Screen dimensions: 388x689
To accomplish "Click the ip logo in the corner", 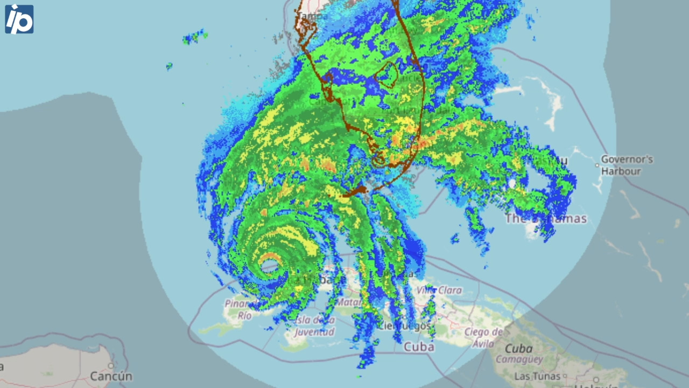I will pos(19,19).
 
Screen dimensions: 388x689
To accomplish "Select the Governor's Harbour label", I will pos(627,165).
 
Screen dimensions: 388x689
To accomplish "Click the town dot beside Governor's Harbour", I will pos(597,165).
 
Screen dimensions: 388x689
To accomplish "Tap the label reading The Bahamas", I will pos(546,218).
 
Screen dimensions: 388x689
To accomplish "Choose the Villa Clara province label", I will pos(439,290).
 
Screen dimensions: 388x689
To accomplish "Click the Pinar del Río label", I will pos(237,309).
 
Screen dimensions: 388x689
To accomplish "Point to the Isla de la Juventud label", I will pos(315,327).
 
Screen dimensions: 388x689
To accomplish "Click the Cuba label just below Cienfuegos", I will pos(419,347).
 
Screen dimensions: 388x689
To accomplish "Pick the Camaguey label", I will pos(519,359).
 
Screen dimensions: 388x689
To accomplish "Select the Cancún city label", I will pos(111,376).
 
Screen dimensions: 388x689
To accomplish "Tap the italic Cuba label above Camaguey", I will pos(518,349).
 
